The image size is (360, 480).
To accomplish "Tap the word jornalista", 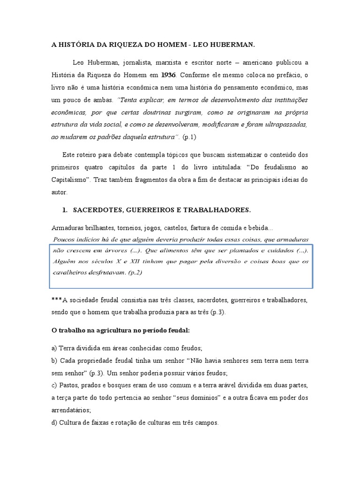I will tap(125, 62).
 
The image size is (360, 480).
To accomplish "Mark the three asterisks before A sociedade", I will tap(56, 300).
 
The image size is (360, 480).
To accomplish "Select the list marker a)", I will tap(54, 349).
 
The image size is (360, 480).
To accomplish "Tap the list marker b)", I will tap(54, 361).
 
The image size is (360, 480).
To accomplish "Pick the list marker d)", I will tap(54, 422).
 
